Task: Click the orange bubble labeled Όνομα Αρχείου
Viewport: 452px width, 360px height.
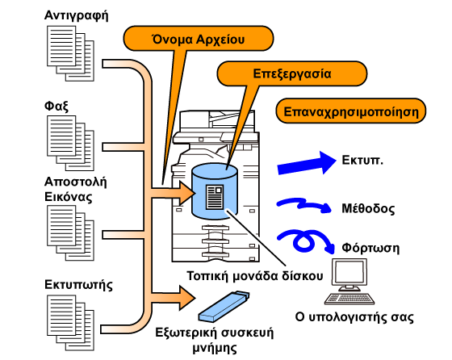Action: [x=199, y=38]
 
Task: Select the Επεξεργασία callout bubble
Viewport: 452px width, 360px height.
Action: [x=291, y=73]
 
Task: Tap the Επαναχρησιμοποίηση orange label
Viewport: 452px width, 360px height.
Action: [x=351, y=111]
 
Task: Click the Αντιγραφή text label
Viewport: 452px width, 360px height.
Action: [x=77, y=15]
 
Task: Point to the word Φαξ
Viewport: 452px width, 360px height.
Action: [x=56, y=106]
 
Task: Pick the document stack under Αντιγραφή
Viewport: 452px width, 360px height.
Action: [x=71, y=53]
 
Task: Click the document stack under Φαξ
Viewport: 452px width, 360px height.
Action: [x=71, y=143]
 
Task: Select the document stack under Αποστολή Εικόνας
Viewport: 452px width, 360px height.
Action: [x=71, y=233]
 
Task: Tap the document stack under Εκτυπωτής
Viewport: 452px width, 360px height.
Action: [x=71, y=323]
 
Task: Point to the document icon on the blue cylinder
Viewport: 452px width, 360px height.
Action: [x=215, y=197]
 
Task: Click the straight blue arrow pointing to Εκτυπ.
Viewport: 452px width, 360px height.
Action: [x=307, y=163]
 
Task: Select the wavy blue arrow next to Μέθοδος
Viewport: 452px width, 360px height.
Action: [x=304, y=205]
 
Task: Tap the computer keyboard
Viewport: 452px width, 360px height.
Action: [x=349, y=299]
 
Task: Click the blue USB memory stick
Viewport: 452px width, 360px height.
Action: [x=224, y=307]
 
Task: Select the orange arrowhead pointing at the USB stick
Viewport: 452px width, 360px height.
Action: [x=187, y=298]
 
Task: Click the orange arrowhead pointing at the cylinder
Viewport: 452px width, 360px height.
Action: [x=187, y=193]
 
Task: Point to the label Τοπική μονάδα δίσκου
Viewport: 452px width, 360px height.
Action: [x=255, y=276]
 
